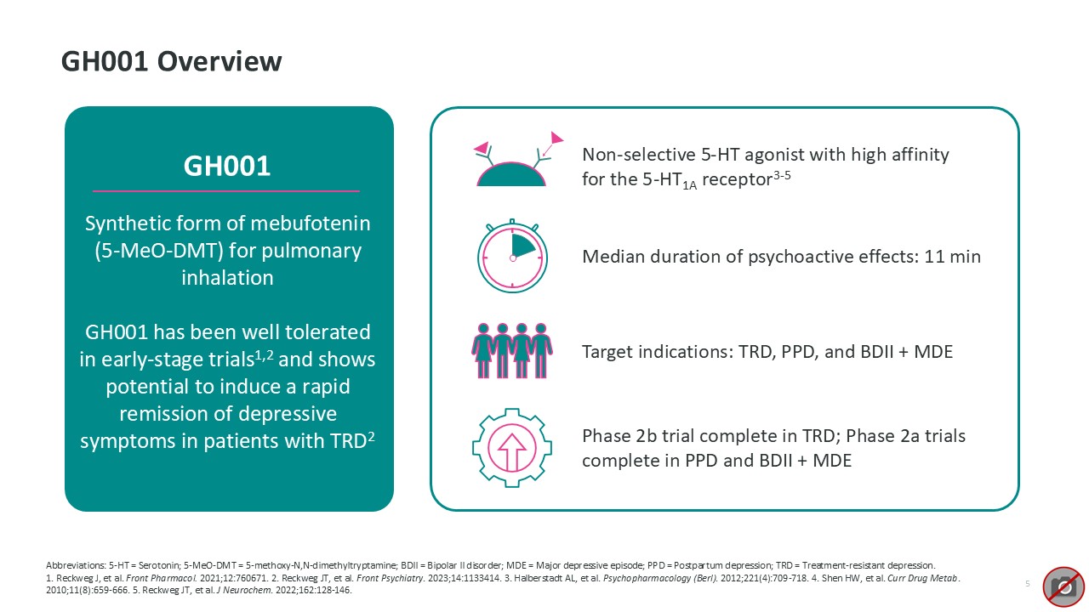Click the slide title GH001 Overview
(x=171, y=62)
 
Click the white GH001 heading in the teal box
(x=226, y=166)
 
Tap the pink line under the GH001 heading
(x=226, y=191)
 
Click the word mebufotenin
(x=311, y=224)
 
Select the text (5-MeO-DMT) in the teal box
(x=159, y=251)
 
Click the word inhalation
(x=227, y=278)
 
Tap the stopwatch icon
(x=512, y=256)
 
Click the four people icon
(x=512, y=351)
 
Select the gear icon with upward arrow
(x=512, y=448)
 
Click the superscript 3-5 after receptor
(x=782, y=175)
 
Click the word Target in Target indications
(x=607, y=352)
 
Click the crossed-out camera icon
(x=1063, y=586)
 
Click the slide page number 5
(x=1027, y=583)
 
